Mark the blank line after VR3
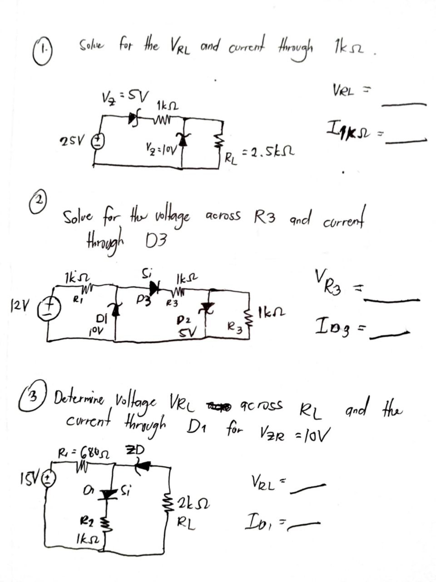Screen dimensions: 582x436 click(393, 300)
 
